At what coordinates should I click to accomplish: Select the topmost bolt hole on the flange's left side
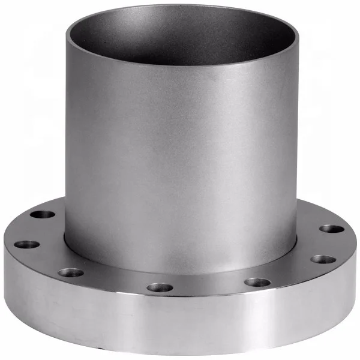(43, 214)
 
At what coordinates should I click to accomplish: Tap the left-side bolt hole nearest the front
(70, 272)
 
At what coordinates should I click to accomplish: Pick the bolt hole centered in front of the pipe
(160, 287)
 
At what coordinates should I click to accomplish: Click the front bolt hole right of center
(257, 282)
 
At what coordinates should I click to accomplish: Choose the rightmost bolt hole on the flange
(331, 229)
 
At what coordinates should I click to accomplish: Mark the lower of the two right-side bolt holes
(323, 260)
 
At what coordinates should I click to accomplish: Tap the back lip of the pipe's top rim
(180, 7)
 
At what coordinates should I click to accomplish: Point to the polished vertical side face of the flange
(180, 324)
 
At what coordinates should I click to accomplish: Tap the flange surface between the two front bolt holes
(208, 286)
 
